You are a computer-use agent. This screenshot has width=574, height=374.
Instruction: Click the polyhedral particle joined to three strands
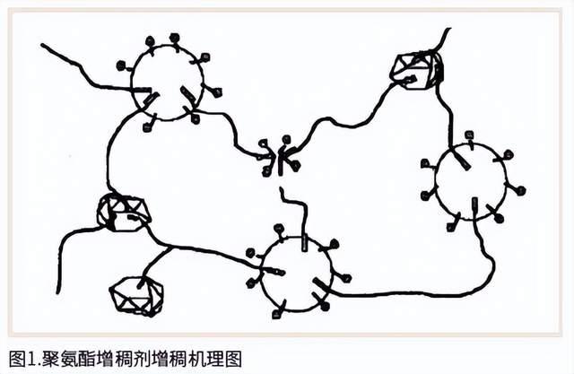(x=124, y=212)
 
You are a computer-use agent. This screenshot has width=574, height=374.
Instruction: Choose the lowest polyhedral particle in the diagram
(x=135, y=293)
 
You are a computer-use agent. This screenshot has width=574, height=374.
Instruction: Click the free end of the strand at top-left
(x=42, y=43)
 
